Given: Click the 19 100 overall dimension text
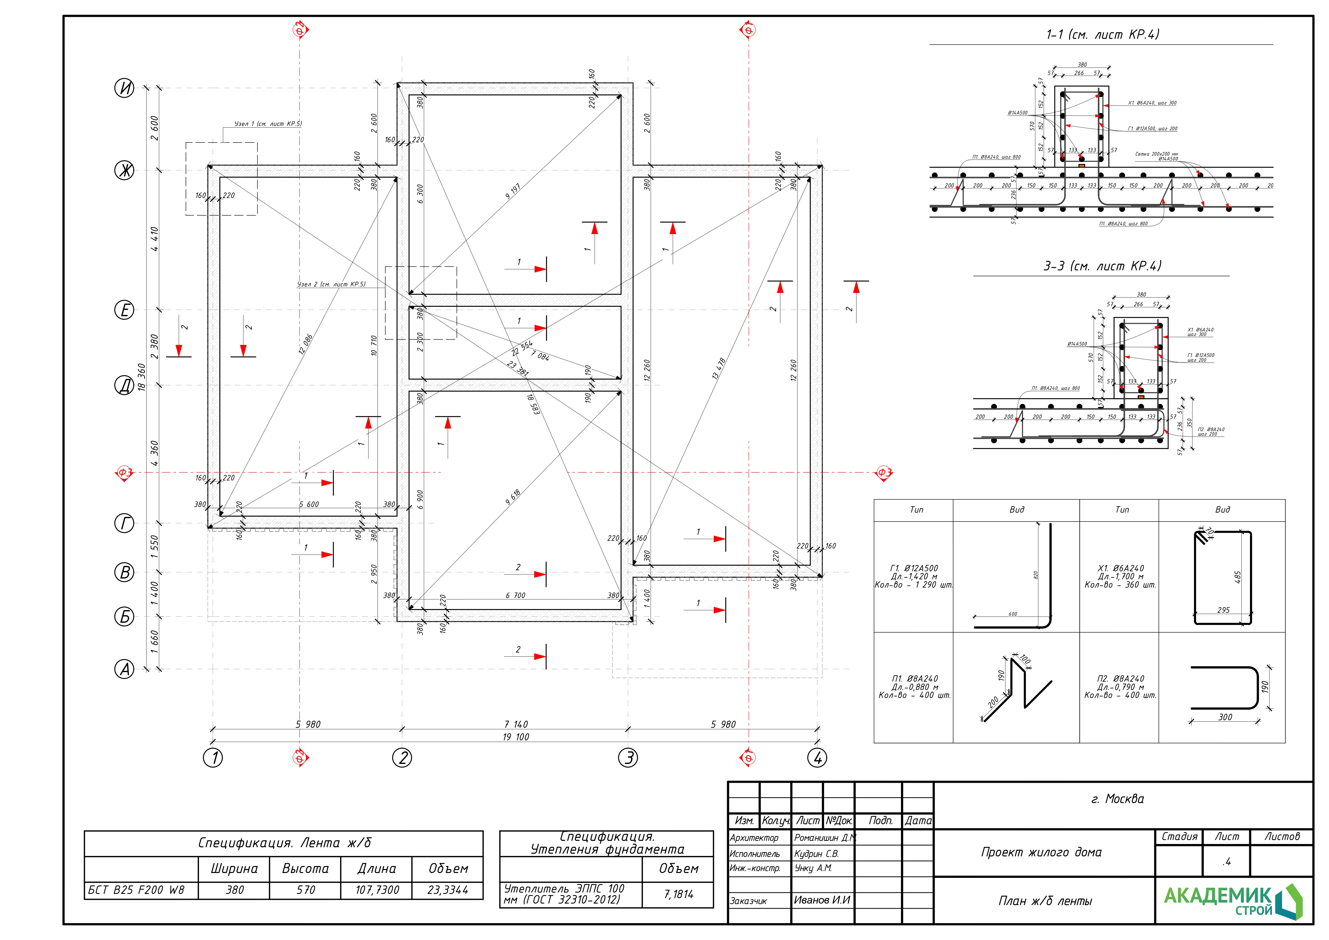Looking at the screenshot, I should pos(515,737).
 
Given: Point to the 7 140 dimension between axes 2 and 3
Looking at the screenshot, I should pos(515,724).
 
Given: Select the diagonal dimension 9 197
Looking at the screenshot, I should pos(513,192).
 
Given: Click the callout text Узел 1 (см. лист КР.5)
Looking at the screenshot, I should pos(268,124).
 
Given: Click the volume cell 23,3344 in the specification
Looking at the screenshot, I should pos(447,890).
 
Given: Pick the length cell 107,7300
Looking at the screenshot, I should pos(377,890).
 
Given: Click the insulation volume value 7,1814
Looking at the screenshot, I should pos(678,894).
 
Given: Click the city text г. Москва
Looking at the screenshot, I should pos(1117,799).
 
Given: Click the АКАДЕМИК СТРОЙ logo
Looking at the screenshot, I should pos(1233,901).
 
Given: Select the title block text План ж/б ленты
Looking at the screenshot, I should pos(1045,901).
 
